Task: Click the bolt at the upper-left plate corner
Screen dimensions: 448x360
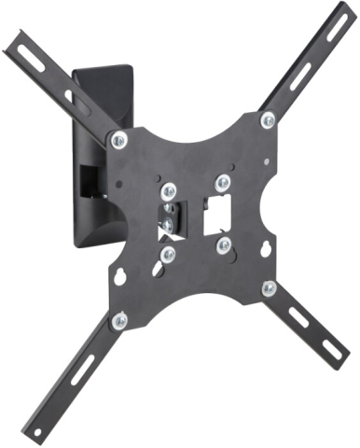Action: pyautogui.click(x=118, y=141)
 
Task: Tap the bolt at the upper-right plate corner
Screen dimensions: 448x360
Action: pyautogui.click(x=268, y=119)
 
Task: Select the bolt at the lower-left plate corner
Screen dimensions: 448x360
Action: pyautogui.click(x=118, y=321)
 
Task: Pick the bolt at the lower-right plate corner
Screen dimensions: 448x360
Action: pyautogui.click(x=269, y=288)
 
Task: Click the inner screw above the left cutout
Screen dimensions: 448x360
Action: pyautogui.click(x=168, y=191)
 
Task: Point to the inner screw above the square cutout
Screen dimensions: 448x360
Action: pyautogui.click(x=221, y=182)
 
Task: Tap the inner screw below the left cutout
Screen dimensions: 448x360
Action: pyautogui.click(x=168, y=254)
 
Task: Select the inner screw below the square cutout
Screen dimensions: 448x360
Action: pyautogui.click(x=223, y=245)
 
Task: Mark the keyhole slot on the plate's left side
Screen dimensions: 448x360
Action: pyautogui.click(x=119, y=276)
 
